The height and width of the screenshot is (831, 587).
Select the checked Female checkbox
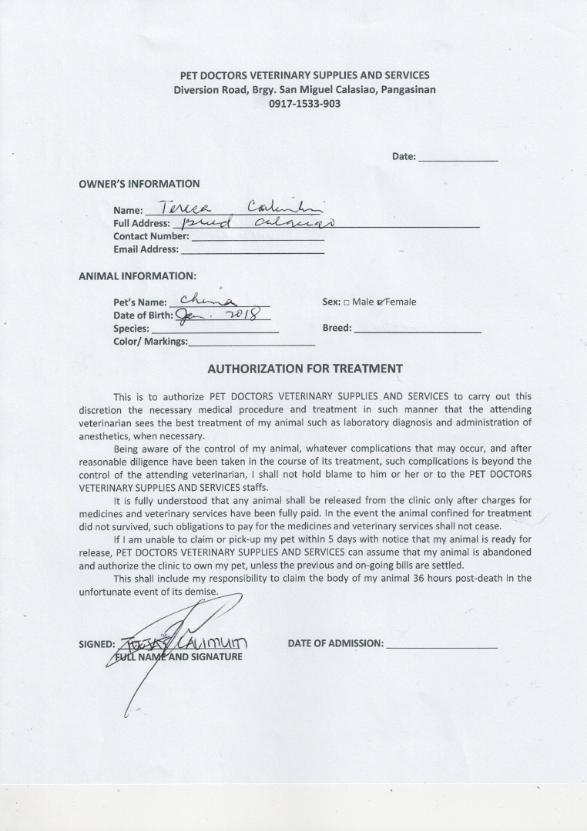coord(381,302)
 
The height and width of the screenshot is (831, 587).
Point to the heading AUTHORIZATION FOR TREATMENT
coord(305,369)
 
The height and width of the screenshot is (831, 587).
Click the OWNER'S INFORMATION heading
coord(139,184)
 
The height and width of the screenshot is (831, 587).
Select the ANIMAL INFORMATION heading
coord(137,275)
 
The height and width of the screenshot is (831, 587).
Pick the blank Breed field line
coord(418,330)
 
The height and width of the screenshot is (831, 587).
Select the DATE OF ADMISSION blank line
coord(441,646)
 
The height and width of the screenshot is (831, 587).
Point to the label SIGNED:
coord(97,644)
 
